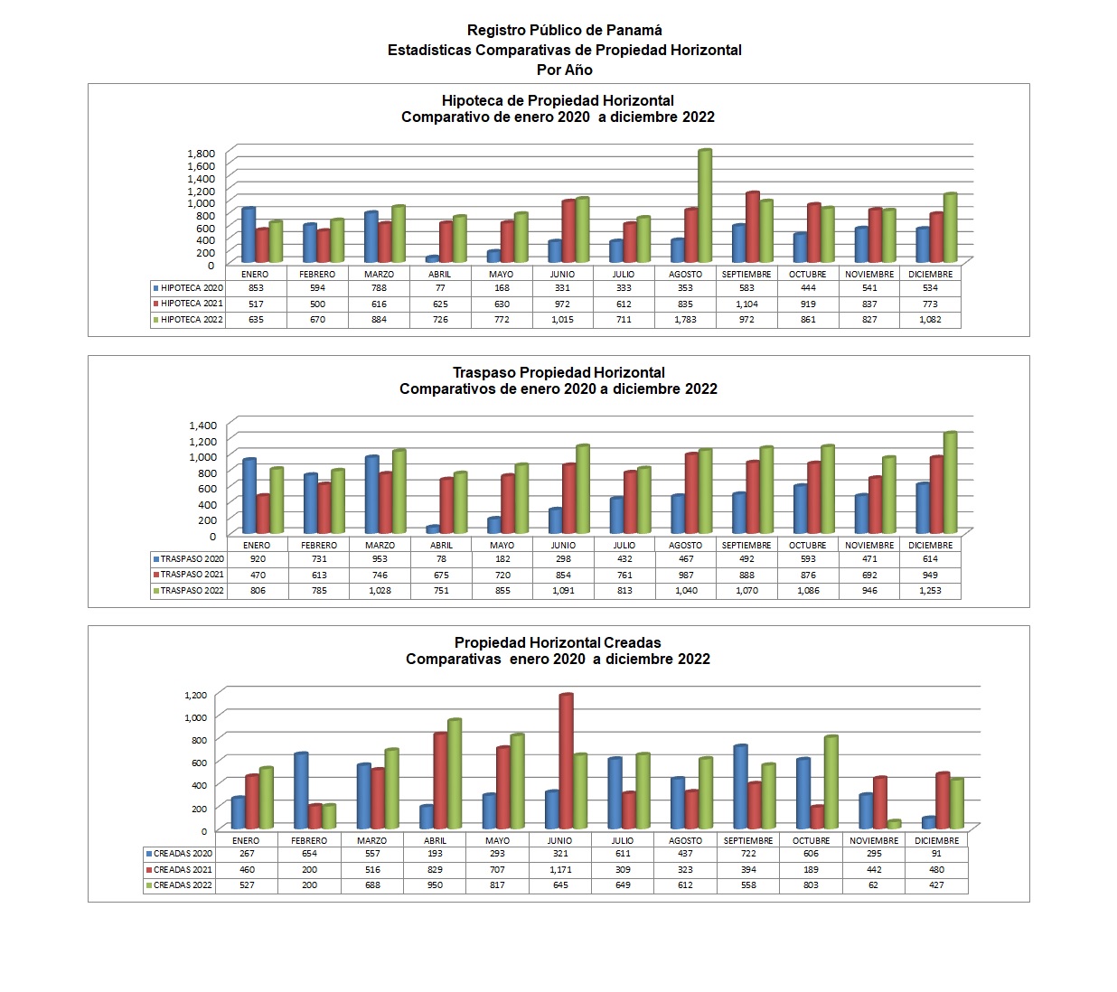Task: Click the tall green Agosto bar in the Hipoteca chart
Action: click(x=704, y=206)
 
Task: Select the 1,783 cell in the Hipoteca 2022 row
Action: click(x=685, y=320)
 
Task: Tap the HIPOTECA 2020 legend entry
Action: click(x=188, y=287)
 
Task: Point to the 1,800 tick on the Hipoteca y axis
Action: click(x=201, y=154)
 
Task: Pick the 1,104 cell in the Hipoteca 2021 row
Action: click(x=746, y=304)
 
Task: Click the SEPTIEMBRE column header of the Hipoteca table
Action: click(x=746, y=274)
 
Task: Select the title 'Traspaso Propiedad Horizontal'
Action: click(x=558, y=372)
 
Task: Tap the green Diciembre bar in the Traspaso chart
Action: click(x=950, y=482)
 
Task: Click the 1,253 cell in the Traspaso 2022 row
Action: click(x=930, y=590)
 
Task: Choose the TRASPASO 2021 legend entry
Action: click(x=189, y=575)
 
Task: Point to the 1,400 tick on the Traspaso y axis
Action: click(x=203, y=425)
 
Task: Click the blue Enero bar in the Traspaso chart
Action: click(x=249, y=496)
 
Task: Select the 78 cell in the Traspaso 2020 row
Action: click(x=441, y=559)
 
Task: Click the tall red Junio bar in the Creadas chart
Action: click(x=567, y=761)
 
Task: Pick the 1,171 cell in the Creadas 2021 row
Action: click(x=560, y=870)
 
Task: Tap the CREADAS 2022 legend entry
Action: click(x=179, y=885)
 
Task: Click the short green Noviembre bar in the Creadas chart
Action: click(x=895, y=825)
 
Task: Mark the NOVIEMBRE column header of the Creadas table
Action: click(x=874, y=841)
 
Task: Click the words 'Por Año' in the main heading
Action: click(x=565, y=70)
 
